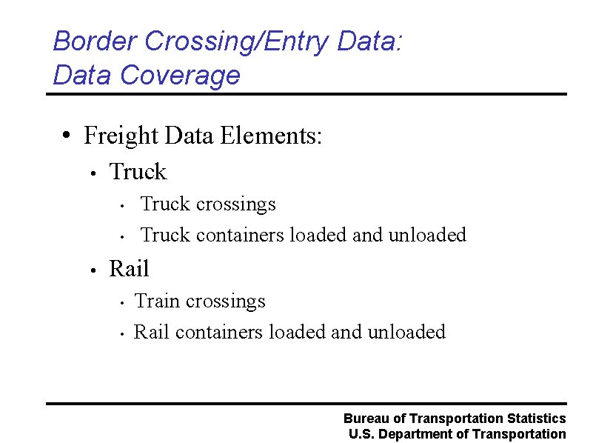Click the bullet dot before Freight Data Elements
(x=67, y=136)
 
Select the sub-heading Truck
(x=138, y=172)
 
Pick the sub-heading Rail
(x=129, y=268)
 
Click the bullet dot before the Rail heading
(x=92, y=270)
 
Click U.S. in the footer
(x=361, y=434)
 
